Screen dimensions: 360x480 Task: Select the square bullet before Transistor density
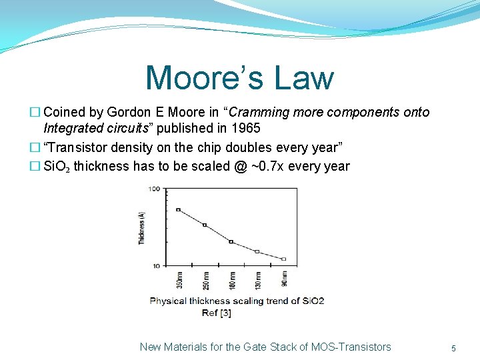(36, 147)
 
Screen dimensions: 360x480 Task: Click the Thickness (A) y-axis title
(141, 228)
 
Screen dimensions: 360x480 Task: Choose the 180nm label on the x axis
(231, 280)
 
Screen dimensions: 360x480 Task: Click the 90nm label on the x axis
(284, 280)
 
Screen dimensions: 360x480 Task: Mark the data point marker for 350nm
(178, 209)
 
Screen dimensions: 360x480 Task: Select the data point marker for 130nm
(257, 251)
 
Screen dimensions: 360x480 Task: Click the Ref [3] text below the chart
(217, 313)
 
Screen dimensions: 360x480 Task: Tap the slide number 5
(453, 347)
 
